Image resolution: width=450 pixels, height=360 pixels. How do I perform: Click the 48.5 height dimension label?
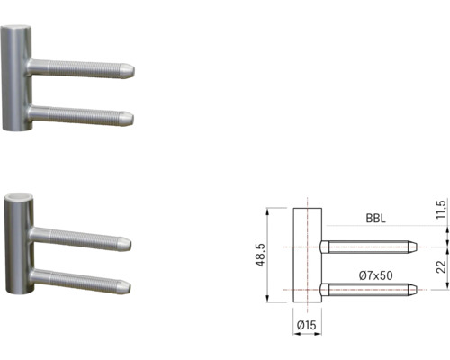260,255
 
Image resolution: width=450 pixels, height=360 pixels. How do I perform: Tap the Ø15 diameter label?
307,325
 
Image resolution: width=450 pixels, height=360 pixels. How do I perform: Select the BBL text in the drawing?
375,218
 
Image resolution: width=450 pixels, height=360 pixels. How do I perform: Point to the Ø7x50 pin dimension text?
375,275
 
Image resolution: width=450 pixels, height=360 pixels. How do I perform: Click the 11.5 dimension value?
442,210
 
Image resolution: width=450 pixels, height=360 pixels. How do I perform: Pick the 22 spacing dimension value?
441,266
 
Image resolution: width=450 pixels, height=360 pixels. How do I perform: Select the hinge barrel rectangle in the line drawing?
308,255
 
